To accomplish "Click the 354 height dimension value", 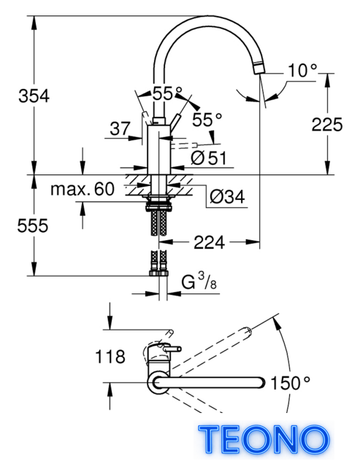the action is click(34, 96).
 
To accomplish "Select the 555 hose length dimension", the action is click(32, 225).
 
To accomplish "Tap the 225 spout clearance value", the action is click(327, 124).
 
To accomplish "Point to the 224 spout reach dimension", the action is click(209, 242).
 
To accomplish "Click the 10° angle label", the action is click(302, 71).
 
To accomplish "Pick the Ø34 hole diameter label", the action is click(227, 196).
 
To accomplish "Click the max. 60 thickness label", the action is click(83, 189).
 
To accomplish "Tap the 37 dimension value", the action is click(120, 128).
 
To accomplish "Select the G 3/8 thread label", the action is click(199, 282).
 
